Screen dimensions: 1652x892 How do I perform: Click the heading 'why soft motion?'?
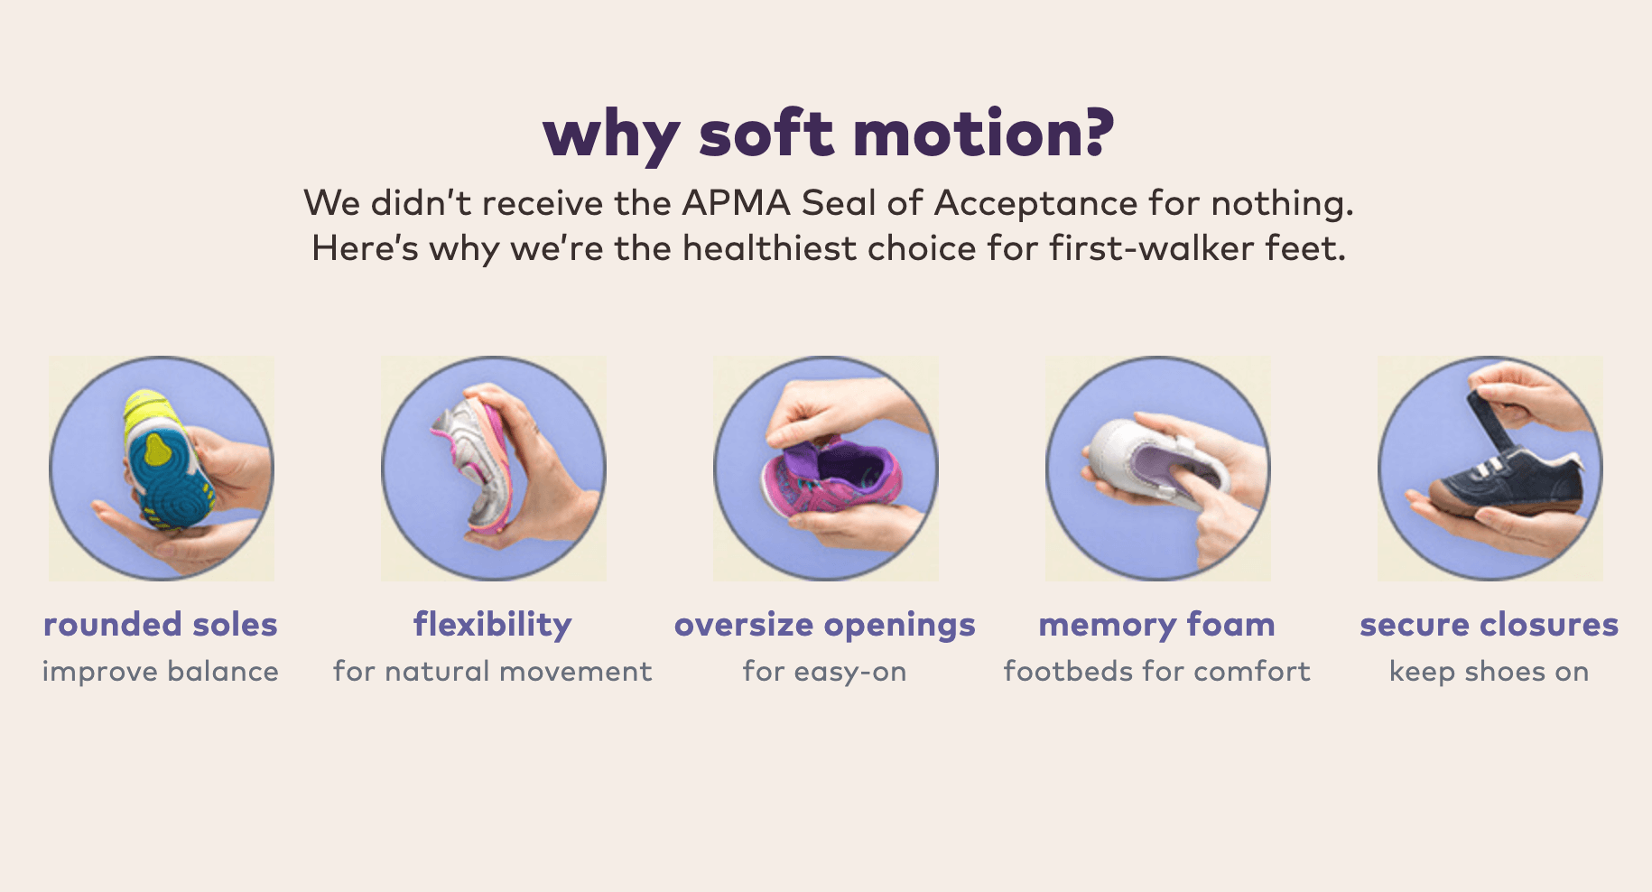point(829,135)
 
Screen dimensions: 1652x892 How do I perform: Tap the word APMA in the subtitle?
point(737,203)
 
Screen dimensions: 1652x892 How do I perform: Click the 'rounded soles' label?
point(161,625)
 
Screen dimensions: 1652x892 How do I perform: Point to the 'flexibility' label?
point(493,625)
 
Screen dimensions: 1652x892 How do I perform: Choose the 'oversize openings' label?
point(825,626)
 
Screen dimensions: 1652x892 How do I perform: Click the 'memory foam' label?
point(1157,625)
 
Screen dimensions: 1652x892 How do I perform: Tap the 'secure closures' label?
point(1490,625)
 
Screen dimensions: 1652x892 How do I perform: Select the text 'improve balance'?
point(161,672)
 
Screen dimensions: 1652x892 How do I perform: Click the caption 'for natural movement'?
point(493,672)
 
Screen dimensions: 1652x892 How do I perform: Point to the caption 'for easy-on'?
point(825,673)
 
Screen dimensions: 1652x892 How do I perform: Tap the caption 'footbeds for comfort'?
point(1157,672)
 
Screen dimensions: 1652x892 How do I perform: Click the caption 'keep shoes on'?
point(1490,673)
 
